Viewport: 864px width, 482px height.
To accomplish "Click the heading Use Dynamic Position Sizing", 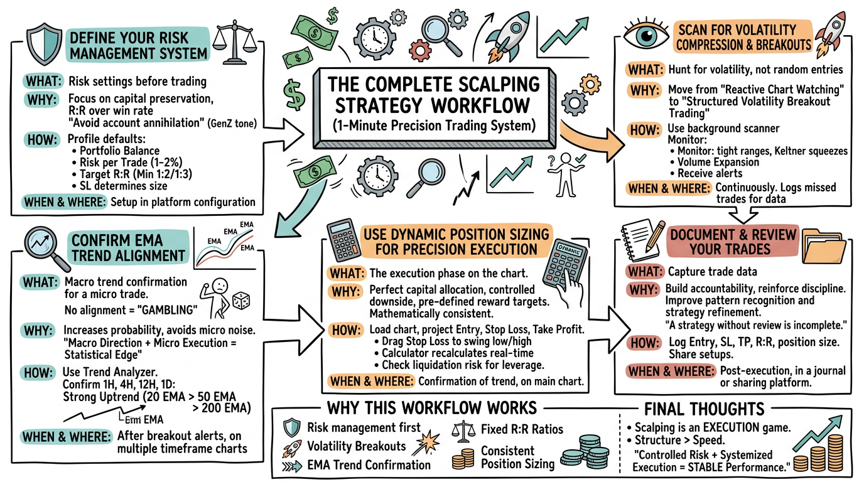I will (x=456, y=235).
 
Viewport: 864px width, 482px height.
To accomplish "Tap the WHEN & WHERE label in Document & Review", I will (x=671, y=371).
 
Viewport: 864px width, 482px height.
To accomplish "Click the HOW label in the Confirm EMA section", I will (x=40, y=373).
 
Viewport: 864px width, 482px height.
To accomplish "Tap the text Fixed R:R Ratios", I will (x=522, y=430).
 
